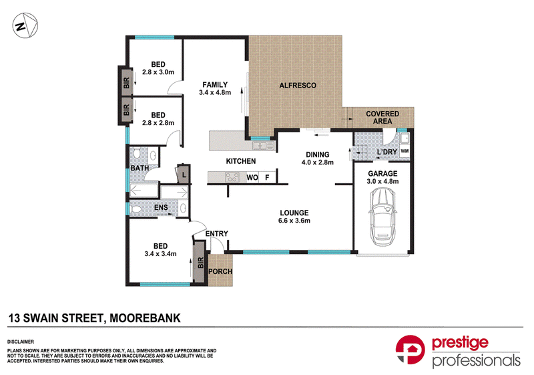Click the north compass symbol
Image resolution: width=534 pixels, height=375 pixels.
25,25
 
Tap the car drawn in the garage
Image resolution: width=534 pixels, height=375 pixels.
382,217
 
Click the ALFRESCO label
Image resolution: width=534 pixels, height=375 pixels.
298,86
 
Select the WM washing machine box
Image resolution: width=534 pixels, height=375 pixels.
405,151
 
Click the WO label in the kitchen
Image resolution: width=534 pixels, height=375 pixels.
252,178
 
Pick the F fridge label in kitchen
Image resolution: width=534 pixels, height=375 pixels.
268,178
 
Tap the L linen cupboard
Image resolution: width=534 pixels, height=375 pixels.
183,174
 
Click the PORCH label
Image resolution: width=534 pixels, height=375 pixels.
220,271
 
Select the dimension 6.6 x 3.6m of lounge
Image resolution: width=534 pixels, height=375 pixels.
294,221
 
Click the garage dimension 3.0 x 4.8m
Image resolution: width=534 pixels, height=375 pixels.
382,181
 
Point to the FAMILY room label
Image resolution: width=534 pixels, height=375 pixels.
215,84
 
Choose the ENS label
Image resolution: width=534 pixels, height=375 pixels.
161,207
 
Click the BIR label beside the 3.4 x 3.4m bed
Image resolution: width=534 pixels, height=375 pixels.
200,263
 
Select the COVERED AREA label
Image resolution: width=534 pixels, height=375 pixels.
382,117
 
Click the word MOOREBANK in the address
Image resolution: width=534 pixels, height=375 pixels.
145,318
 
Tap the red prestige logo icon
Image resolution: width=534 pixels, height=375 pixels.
410,350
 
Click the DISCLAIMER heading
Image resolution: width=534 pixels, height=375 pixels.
21,342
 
